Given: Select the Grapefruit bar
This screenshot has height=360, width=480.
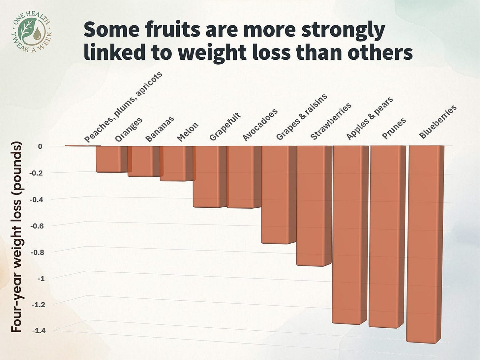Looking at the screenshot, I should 206,176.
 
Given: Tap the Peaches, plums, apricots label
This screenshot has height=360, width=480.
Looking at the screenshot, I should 123,107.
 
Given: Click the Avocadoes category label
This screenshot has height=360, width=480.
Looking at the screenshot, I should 260,125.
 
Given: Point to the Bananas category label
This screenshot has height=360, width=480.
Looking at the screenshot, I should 160,129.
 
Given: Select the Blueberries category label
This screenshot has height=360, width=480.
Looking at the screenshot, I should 437,122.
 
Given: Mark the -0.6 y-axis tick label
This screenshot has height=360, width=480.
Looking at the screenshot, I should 37,226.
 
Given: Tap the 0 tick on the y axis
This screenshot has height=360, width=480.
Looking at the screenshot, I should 40,146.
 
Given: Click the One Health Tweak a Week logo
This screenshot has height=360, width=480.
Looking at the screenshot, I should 32,32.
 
